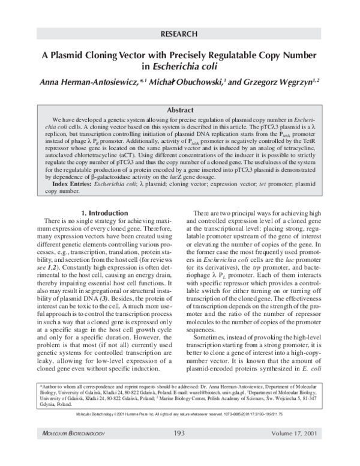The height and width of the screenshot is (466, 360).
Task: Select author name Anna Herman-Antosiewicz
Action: (88, 82)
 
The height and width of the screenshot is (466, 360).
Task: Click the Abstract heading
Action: (179, 110)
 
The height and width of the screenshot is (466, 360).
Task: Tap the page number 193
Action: (179, 449)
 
